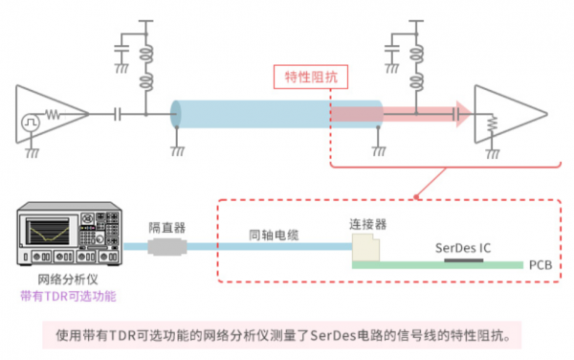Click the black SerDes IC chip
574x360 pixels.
(x=464, y=259)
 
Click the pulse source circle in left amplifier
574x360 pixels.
(x=31, y=123)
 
